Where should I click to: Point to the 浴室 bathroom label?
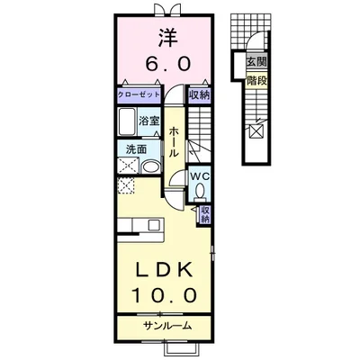(x=149, y=121)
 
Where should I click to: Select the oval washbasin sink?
(x=149, y=166)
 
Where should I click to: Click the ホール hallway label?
(x=173, y=140)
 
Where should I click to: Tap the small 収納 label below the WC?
(x=206, y=213)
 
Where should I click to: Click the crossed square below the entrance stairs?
(x=256, y=131)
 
